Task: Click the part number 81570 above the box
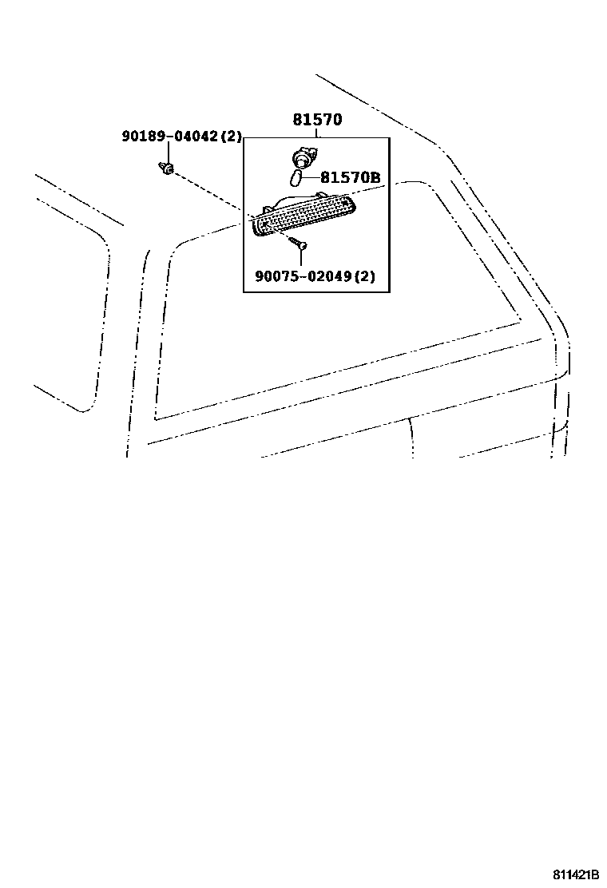click(316, 121)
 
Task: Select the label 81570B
click(350, 179)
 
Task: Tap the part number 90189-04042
click(169, 137)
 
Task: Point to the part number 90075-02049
click(303, 277)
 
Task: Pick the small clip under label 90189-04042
click(167, 168)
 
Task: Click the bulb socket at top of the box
click(303, 157)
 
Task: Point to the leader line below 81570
click(317, 133)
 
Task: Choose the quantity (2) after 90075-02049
click(364, 277)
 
